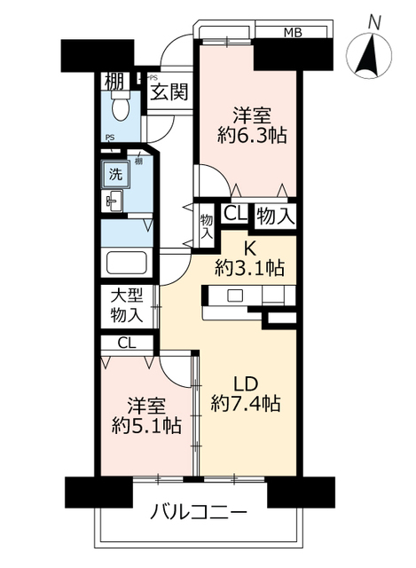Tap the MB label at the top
(293, 34)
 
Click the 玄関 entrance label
(168, 91)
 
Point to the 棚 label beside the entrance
(114, 83)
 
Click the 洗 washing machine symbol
(115, 174)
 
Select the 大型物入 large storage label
(126, 304)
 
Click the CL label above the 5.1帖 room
(126, 343)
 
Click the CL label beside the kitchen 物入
(234, 213)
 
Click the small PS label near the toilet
(109, 137)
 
